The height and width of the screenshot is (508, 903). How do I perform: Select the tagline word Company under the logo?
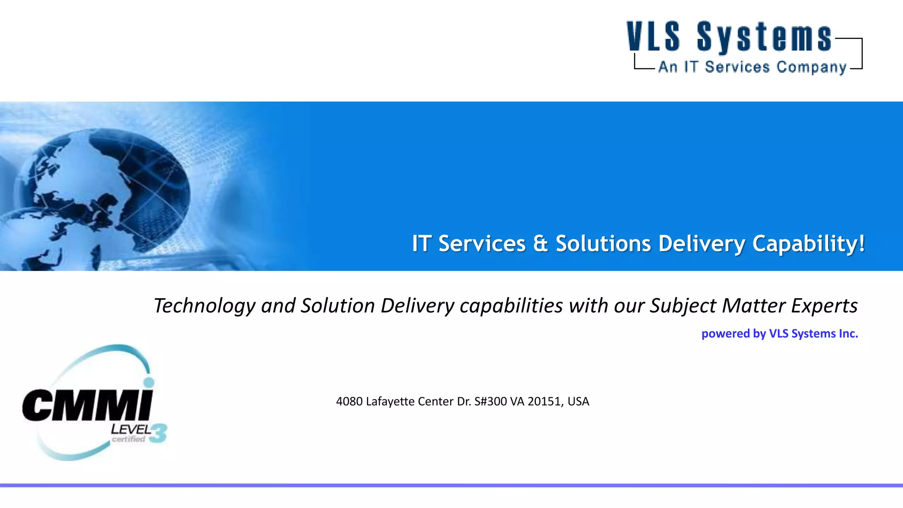point(811,67)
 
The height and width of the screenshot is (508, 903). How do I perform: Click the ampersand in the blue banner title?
point(540,243)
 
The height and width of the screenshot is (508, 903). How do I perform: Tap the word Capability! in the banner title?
point(808,243)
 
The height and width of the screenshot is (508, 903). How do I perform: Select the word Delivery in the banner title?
point(702,243)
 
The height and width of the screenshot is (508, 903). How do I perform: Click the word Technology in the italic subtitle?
point(204,306)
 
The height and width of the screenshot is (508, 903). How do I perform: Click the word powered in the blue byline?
point(726,334)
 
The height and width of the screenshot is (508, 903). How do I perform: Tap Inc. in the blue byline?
point(848,333)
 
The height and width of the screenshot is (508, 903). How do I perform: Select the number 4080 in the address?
point(349,401)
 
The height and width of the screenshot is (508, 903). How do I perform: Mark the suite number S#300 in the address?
point(490,401)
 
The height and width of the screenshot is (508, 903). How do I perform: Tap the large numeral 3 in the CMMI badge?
point(159,433)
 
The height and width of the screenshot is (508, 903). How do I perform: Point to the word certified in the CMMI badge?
point(128,439)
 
